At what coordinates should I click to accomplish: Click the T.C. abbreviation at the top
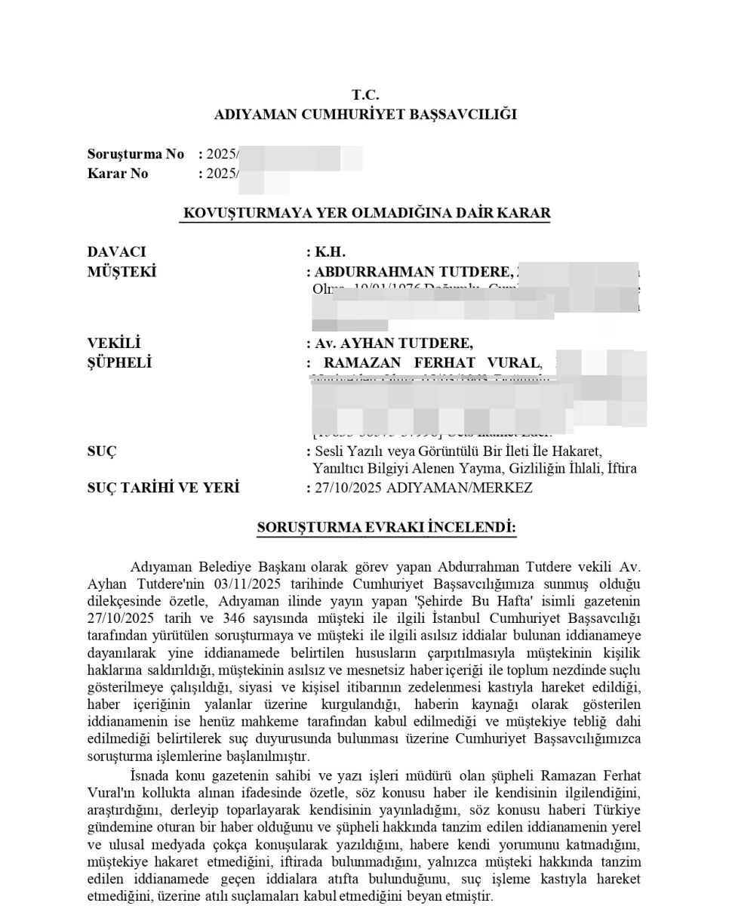click(365, 95)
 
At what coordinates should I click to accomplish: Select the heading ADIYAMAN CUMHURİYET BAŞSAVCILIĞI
click(365, 115)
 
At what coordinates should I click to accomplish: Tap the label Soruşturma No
click(136, 154)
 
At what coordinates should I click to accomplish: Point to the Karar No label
click(118, 174)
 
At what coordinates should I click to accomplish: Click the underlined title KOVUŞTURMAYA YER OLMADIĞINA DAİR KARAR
click(367, 213)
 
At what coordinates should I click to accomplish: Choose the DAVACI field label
click(117, 252)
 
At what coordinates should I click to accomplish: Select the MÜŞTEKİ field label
click(122, 272)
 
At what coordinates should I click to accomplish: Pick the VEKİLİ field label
click(115, 344)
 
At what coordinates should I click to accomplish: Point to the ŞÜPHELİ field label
click(119, 363)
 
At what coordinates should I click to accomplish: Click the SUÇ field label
click(102, 451)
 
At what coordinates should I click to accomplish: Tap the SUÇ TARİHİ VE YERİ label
click(163, 488)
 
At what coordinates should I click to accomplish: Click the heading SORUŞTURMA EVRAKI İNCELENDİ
click(386, 527)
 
